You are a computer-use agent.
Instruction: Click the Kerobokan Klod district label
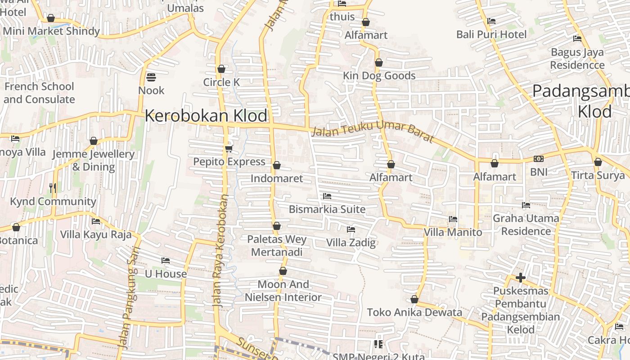206,116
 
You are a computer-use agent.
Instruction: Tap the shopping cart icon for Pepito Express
229,148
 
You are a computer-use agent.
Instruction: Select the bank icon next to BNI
539,159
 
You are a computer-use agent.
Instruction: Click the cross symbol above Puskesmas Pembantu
521,278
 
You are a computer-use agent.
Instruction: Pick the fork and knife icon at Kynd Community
53,188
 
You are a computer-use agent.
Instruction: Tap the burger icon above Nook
151,77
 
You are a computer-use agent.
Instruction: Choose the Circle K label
221,82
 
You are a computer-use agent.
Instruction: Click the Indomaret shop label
277,178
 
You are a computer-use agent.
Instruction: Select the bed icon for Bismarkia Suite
327,196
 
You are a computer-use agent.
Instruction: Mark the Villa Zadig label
351,243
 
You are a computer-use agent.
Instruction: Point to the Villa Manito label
453,232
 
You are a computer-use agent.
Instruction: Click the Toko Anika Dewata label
414,312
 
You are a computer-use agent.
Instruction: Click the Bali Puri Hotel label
491,34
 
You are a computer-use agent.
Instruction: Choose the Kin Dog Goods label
379,76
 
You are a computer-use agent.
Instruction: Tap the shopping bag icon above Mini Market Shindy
51,18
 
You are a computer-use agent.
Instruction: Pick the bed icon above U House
166,261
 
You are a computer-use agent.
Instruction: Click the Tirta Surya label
598,175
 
